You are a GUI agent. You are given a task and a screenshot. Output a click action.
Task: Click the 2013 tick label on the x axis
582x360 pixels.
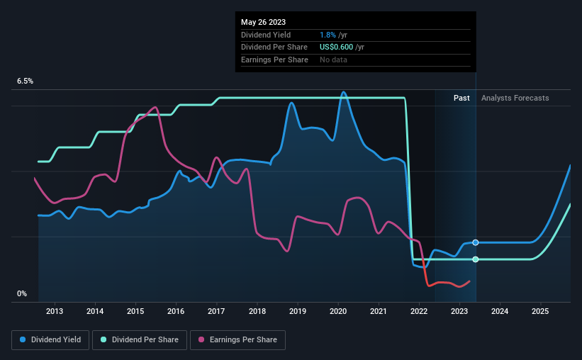pos(55,311)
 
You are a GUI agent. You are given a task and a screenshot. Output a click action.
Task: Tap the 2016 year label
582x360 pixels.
pos(176,311)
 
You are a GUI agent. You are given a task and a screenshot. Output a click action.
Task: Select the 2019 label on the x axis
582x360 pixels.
pos(298,311)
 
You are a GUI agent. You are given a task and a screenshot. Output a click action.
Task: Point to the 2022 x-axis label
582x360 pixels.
pos(419,311)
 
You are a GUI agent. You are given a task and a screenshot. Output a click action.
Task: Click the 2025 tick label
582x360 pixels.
pos(540,311)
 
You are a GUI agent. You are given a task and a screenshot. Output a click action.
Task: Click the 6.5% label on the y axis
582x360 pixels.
pos(26,81)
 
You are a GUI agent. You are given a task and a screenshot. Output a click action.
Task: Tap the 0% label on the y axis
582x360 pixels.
pos(22,293)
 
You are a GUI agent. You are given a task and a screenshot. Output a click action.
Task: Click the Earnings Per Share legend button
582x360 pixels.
pos(238,340)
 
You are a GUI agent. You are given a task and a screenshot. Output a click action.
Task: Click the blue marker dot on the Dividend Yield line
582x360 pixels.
pos(476,242)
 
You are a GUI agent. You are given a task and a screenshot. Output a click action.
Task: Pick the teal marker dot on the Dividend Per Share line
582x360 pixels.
pos(476,259)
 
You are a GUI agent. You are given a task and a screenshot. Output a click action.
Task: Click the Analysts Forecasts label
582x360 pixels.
pos(515,98)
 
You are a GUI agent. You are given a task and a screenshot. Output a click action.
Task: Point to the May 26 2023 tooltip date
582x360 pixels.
pos(259,23)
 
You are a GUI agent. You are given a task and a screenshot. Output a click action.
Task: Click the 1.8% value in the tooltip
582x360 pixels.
pos(327,35)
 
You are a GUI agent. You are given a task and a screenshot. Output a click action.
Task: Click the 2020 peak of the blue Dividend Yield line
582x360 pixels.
pos(343,92)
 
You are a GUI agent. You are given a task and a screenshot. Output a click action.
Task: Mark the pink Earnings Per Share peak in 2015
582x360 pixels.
pos(155,107)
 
